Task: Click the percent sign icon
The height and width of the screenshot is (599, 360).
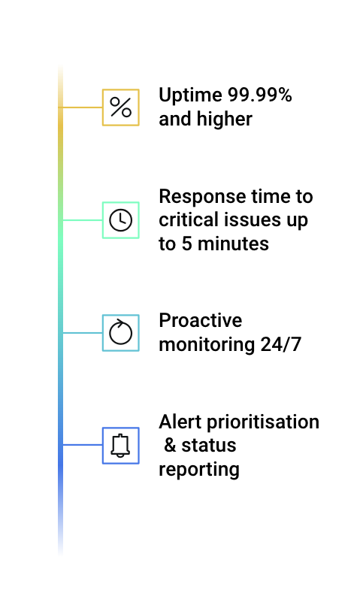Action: (121, 107)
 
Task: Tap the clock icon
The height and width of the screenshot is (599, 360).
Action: (121, 220)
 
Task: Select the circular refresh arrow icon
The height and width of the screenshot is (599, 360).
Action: (121, 331)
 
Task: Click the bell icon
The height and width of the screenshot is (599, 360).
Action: (120, 446)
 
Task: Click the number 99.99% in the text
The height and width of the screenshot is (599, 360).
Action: (259, 95)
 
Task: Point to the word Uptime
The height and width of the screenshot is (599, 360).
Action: (190, 96)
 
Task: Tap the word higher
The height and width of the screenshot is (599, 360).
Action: (224, 119)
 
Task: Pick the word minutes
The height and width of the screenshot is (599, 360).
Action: (233, 244)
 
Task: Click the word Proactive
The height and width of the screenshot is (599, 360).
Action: (200, 320)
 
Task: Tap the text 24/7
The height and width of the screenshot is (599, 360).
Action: (281, 344)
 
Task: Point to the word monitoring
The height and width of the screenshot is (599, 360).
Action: (207, 345)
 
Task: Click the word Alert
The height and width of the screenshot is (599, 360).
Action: (180, 422)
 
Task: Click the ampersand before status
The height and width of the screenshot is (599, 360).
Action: (170, 446)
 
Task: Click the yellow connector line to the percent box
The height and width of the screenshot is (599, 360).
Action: (80, 107)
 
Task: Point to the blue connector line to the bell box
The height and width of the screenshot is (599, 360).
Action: (83, 445)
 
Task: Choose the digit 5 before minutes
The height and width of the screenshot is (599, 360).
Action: (187, 244)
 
